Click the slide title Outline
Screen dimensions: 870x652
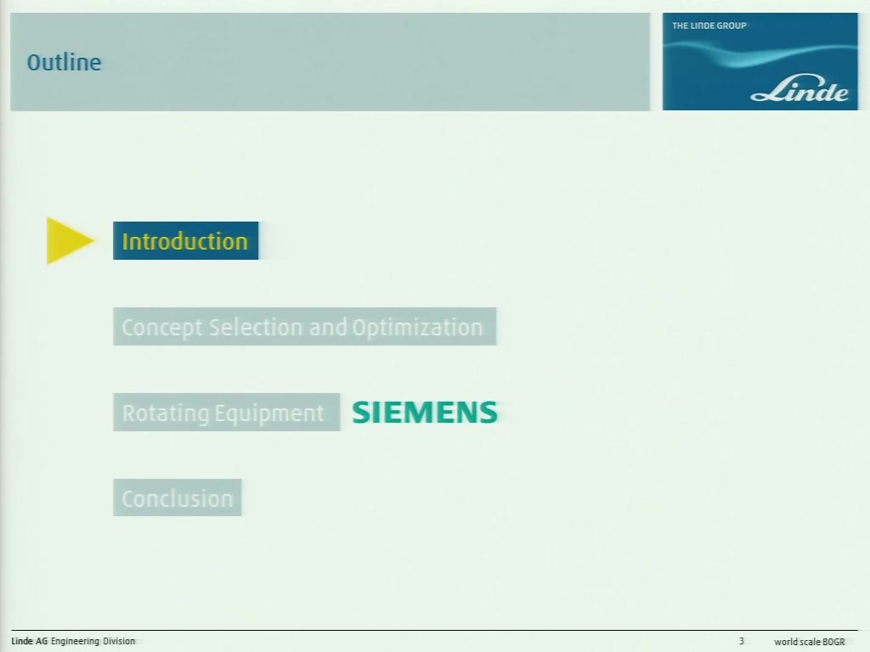[64, 62]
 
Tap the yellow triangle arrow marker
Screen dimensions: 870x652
[70, 240]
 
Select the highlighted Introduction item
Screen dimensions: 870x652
[185, 240]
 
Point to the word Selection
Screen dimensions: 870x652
[257, 327]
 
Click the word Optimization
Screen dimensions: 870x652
[417, 328]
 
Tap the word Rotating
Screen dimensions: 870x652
[166, 413]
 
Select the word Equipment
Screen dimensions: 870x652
[269, 413]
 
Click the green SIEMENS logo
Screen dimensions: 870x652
[425, 413]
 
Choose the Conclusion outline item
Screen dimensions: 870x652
[177, 497]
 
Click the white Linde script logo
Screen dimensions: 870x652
[799, 90]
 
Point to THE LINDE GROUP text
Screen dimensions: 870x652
[709, 25]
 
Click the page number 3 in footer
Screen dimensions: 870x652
[741, 641]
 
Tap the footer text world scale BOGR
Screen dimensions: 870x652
[810, 642]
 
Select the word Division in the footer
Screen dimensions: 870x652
[119, 641]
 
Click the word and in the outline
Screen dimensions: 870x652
[328, 327]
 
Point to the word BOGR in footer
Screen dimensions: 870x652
[833, 642]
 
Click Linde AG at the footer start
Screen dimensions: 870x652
[30, 641]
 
